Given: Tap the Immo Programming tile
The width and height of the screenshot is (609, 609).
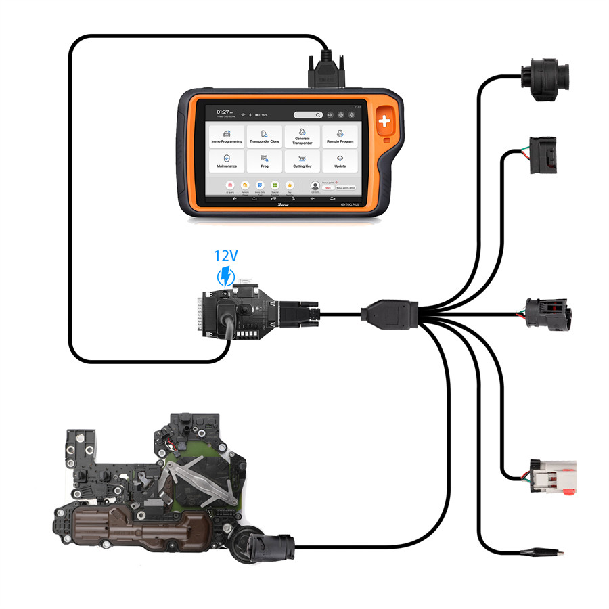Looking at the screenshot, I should click(x=227, y=137).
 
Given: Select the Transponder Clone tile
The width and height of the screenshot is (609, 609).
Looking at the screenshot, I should click(x=265, y=137).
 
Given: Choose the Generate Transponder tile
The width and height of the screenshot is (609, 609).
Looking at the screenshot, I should click(x=302, y=137).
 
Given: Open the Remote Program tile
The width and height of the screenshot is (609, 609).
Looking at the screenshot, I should click(x=339, y=137).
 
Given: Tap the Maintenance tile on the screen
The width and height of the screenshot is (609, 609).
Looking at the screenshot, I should click(x=227, y=161).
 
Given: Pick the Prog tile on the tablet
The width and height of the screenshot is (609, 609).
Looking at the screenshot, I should click(x=265, y=161).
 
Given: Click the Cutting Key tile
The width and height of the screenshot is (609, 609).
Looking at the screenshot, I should click(x=302, y=161).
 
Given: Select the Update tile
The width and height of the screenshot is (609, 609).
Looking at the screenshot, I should click(x=339, y=161).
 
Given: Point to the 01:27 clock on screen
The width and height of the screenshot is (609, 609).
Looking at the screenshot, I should click(x=223, y=111).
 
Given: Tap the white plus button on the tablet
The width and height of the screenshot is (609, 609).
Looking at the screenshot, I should click(x=386, y=122).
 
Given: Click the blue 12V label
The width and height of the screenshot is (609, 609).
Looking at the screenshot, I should click(x=225, y=256).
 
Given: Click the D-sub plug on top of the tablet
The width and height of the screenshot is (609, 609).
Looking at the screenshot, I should click(x=328, y=68).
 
